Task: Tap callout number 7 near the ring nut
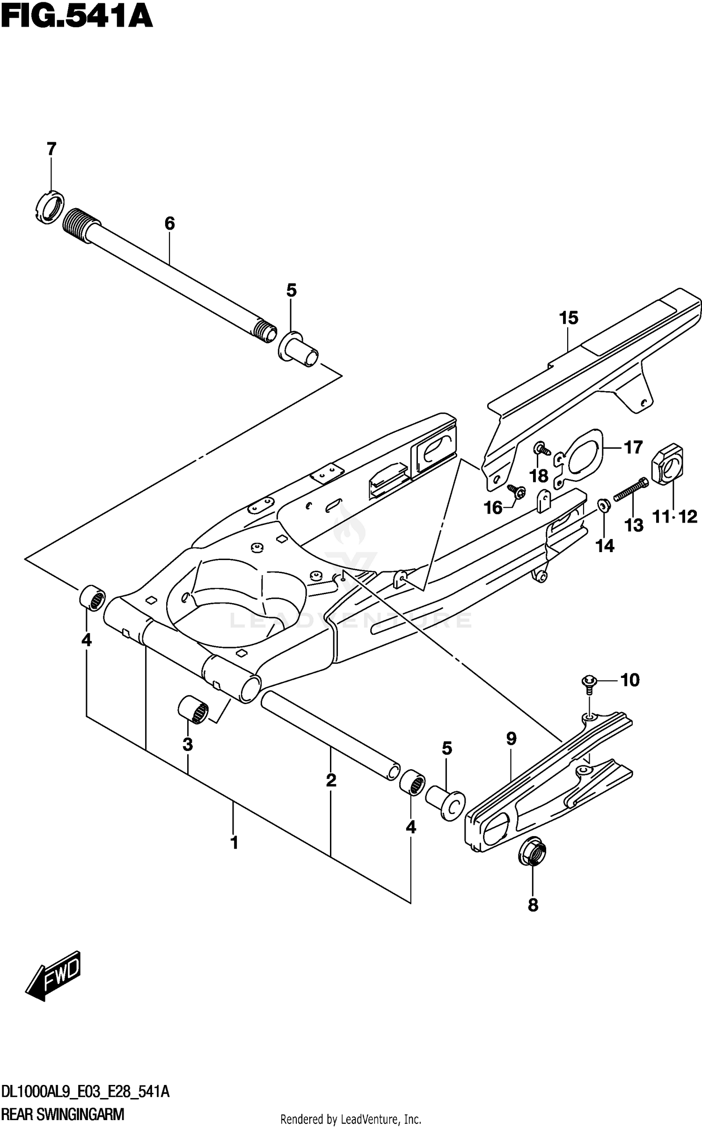[51, 149]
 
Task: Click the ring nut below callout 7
[50, 207]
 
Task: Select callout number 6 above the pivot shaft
[169, 224]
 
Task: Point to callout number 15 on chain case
[569, 318]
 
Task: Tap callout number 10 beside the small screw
[630, 680]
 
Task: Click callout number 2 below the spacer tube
[331, 780]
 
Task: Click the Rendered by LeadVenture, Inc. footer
[351, 1116]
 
